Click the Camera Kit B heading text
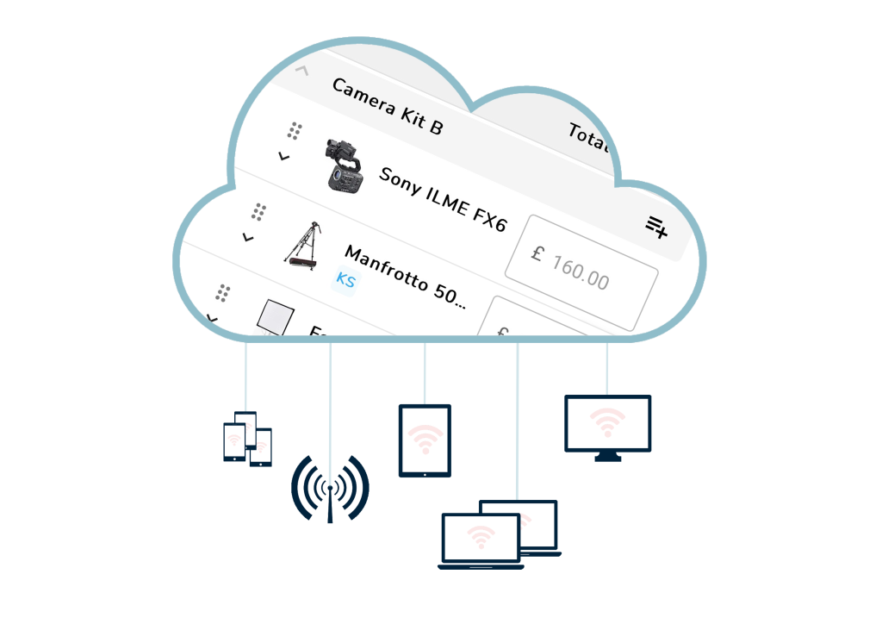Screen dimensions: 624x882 click(x=387, y=107)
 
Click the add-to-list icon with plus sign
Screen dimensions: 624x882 click(x=657, y=228)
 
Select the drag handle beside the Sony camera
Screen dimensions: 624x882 click(x=295, y=131)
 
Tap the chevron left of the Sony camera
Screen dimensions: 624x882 click(x=283, y=157)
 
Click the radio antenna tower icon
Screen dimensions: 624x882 click(x=330, y=489)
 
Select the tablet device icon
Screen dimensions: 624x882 click(x=425, y=440)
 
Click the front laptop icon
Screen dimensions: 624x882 click(x=481, y=541)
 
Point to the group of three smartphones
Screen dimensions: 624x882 click(x=247, y=439)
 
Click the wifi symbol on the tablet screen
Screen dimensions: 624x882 click(x=424, y=439)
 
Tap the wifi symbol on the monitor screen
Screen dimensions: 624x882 click(x=607, y=421)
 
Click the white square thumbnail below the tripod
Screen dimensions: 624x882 click(x=276, y=317)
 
